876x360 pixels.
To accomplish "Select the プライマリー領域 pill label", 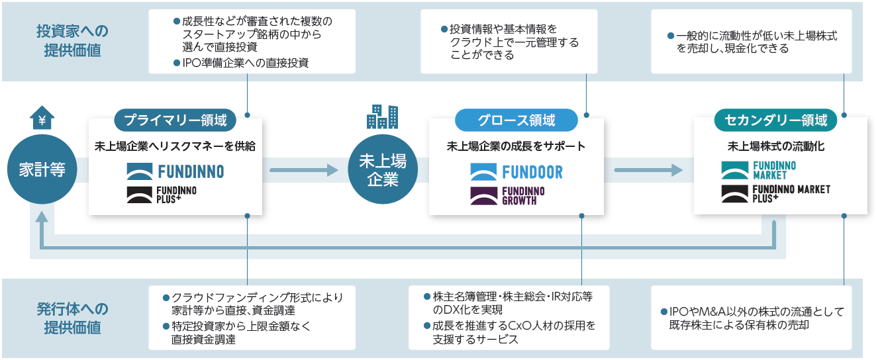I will click(x=175, y=120).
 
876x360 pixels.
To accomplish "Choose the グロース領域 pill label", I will click(x=516, y=120).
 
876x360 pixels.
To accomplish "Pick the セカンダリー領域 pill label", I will click(x=776, y=120).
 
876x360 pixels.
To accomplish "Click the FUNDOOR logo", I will click(x=516, y=172).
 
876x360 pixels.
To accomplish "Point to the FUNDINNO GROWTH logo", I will click(x=508, y=196).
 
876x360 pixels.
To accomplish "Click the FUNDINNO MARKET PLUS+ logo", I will click(x=776, y=193).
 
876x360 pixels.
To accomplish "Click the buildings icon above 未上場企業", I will click(x=382, y=116).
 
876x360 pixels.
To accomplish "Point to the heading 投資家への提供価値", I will click(x=72, y=41).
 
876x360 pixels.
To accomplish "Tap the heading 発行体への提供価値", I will click(x=72, y=318).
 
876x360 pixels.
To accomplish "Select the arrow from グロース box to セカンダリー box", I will click(x=648, y=170).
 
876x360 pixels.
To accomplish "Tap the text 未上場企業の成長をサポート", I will click(x=516, y=146).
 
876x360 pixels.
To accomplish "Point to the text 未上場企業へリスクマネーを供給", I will click(x=175, y=146).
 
